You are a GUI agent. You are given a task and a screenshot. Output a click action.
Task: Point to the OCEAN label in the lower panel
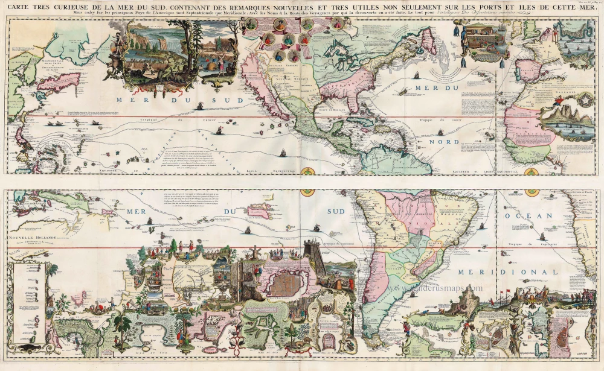click(x=533, y=215)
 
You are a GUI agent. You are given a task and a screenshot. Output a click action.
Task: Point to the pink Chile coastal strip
click(x=374, y=271)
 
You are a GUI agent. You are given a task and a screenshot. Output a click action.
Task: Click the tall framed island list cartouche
click(x=27, y=296)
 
